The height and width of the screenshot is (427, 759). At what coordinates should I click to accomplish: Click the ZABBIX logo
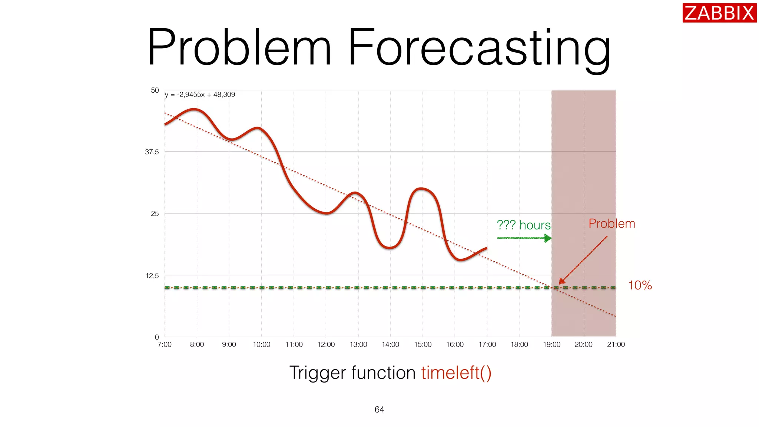click(x=719, y=13)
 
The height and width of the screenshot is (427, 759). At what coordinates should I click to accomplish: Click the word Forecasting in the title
click(x=479, y=48)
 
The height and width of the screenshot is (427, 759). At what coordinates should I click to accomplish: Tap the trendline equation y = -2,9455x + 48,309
click(x=200, y=95)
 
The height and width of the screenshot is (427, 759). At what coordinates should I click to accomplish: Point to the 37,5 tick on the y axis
click(x=152, y=152)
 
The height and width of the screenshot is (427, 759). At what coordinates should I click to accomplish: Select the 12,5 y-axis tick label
click(x=152, y=275)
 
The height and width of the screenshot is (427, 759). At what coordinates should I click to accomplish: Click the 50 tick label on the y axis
click(x=155, y=90)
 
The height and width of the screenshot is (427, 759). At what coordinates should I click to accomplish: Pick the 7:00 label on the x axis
click(x=165, y=344)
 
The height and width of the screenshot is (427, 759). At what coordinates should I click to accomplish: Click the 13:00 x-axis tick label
click(x=358, y=344)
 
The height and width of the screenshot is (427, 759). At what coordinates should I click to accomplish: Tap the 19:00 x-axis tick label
click(x=551, y=344)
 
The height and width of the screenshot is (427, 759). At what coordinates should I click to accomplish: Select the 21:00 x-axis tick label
click(x=616, y=344)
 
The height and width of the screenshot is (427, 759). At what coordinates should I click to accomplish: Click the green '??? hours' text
click(x=523, y=225)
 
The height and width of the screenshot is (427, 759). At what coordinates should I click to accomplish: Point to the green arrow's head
click(x=548, y=238)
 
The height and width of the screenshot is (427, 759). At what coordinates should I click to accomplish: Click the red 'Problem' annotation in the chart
click(x=611, y=224)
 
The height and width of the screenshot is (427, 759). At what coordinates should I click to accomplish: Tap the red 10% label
click(x=640, y=285)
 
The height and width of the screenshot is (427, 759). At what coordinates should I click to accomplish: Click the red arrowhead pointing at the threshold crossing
click(x=561, y=282)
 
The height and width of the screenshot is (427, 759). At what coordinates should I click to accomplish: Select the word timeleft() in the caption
click(x=456, y=373)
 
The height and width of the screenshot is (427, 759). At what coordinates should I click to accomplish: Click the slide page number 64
click(x=379, y=410)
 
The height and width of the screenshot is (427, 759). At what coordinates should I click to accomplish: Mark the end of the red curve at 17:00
click(x=486, y=248)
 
